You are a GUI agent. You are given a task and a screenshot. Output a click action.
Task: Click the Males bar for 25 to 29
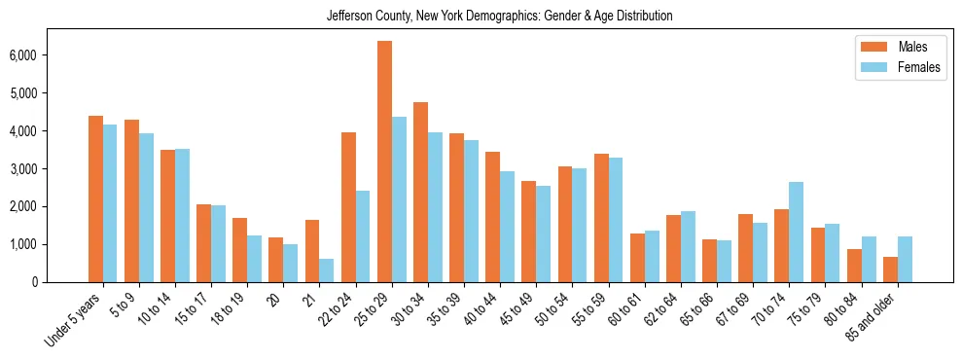(384, 162)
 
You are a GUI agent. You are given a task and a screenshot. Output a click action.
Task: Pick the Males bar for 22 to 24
(348, 207)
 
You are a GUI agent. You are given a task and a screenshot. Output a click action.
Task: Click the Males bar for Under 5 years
(95, 198)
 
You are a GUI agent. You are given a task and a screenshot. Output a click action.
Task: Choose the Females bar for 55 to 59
(616, 220)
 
